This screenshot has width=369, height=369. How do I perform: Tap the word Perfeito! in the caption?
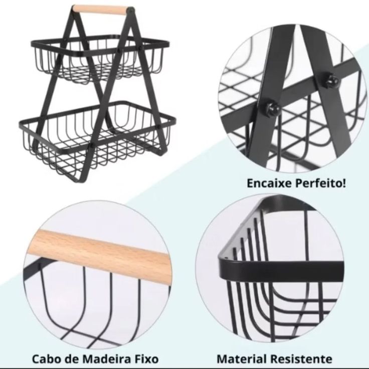tap(321, 183)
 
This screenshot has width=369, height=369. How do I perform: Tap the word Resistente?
tap(301, 359)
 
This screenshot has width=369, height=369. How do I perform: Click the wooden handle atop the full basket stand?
tap(100, 10)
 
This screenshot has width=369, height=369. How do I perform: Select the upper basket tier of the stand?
tap(100, 59)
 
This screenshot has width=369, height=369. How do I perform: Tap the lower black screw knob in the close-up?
tap(273, 109)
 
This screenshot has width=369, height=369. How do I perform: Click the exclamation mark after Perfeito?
tap(344, 183)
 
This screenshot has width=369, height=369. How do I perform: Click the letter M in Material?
tap(223, 359)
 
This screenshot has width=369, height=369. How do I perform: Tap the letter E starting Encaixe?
tap(250, 183)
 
